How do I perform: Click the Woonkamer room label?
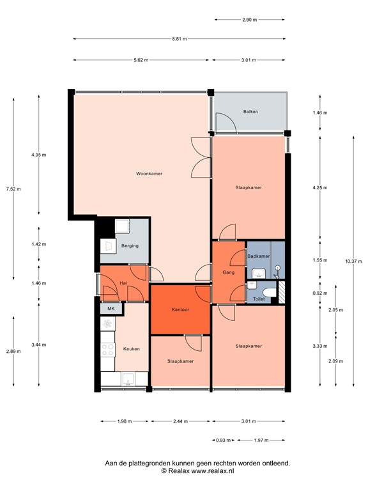(x=148, y=173)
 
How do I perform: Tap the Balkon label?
(x=250, y=112)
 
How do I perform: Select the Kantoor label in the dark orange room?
(x=181, y=309)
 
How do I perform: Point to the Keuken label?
(x=132, y=348)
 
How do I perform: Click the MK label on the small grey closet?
(x=111, y=309)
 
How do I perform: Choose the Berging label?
(x=129, y=245)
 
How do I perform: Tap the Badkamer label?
(x=258, y=256)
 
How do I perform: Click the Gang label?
(x=228, y=272)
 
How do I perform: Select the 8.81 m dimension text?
(x=180, y=39)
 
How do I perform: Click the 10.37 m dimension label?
(x=353, y=261)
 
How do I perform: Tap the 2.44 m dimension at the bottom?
(x=181, y=421)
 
